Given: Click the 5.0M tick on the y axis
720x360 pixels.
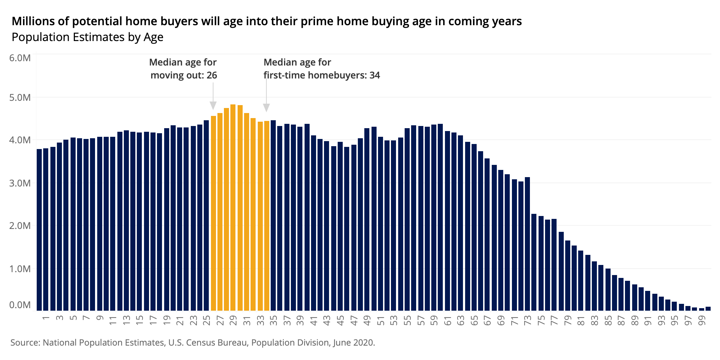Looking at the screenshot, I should coord(22,98).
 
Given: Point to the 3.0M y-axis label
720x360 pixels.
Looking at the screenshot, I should coord(22,183).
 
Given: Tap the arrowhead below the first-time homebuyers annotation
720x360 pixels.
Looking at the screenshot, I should coord(266,108).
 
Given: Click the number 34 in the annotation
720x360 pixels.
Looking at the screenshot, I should coord(374,75).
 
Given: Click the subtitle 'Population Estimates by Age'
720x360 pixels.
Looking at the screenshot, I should coord(87,37).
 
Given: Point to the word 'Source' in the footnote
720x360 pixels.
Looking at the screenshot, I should coord(25,342).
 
